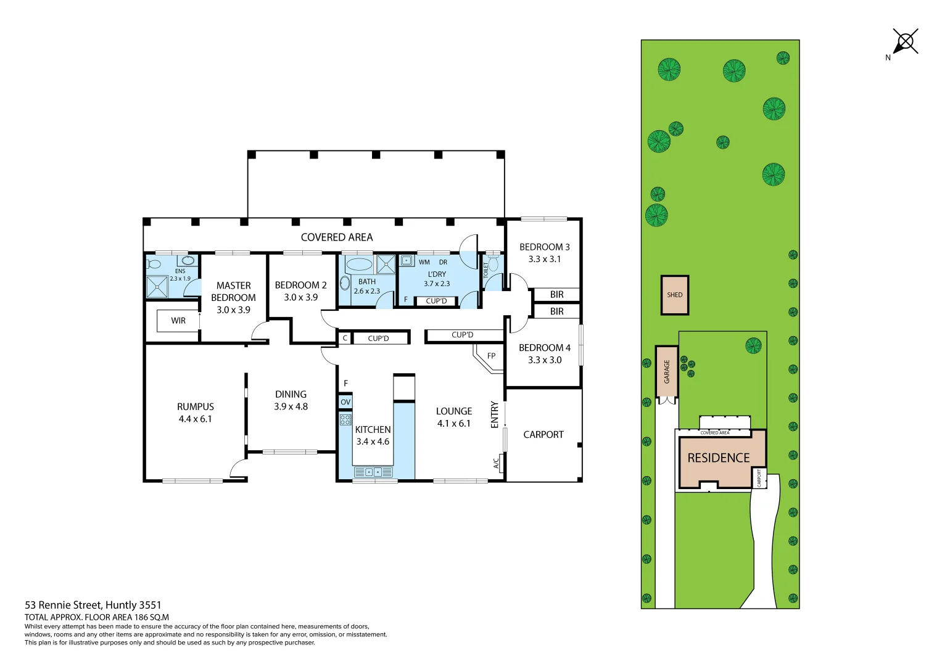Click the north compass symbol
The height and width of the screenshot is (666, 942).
click(905, 42)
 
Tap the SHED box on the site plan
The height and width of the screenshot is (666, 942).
click(674, 295)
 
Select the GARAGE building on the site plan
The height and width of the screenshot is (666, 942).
click(666, 372)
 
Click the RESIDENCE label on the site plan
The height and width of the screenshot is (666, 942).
click(718, 458)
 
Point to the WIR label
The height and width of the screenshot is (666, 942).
click(178, 321)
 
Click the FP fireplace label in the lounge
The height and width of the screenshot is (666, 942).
click(491, 356)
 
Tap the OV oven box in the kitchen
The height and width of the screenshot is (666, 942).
click(345, 402)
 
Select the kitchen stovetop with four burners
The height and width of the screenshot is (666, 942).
click(345, 420)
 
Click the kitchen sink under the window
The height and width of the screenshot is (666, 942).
click(373, 472)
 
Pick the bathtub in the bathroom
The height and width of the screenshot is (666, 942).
click(358, 265)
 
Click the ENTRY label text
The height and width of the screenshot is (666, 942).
click(494, 414)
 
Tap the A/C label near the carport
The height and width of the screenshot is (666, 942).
click(496, 462)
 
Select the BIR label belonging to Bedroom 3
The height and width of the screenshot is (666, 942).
click(556, 295)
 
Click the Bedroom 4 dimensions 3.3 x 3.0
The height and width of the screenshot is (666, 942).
click(545, 360)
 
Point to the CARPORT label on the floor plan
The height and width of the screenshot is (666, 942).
click(543, 435)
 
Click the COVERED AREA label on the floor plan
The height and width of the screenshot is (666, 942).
click(337, 237)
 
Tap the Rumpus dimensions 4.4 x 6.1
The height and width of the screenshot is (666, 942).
click(195, 419)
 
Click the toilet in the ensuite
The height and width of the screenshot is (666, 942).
click(154, 264)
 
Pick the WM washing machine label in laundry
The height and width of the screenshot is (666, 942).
click(424, 262)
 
